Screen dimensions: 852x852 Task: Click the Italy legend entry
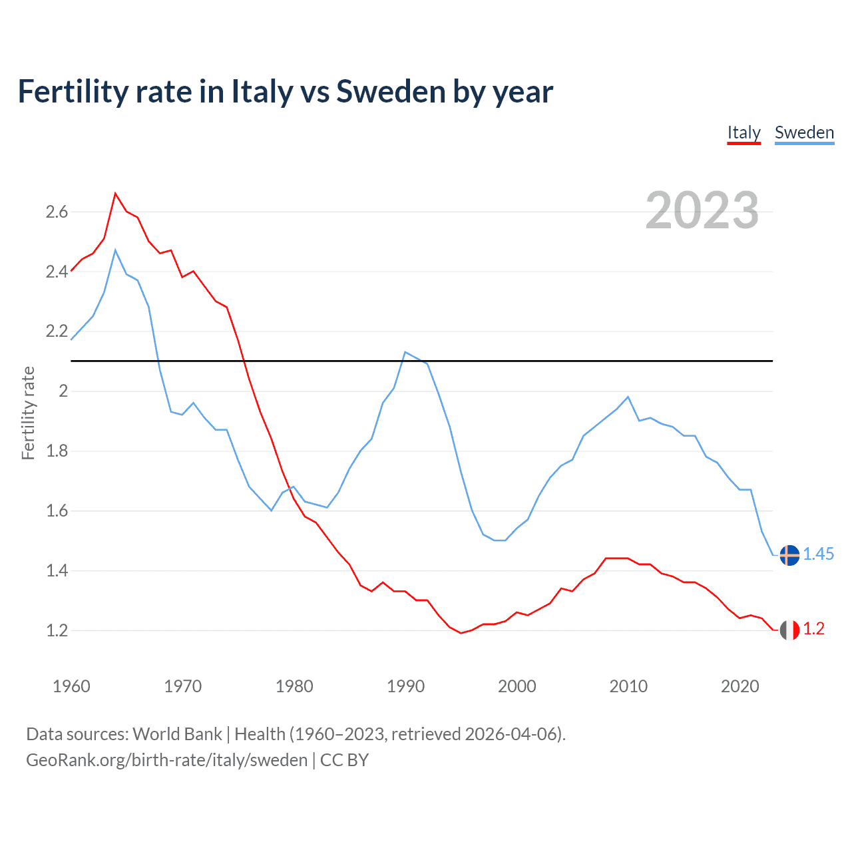744,132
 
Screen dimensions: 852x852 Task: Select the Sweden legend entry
804,132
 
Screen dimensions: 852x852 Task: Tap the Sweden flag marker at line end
789,554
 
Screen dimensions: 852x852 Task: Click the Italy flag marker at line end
789,630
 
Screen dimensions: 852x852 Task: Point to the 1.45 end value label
819,554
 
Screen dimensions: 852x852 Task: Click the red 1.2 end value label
814,629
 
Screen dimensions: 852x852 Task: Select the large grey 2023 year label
702,210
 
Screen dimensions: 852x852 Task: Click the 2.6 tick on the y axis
57,212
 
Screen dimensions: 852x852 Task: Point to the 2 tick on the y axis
64,391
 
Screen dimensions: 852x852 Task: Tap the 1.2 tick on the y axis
57,630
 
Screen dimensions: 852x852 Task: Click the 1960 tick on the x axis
71,686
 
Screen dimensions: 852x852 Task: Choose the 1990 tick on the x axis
405,686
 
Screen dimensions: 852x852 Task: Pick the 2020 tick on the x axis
740,686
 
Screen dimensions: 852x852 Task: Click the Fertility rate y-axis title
28,413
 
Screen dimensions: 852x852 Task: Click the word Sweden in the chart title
391,91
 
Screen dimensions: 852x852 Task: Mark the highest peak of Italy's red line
115,193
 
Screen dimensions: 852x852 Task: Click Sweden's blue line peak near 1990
405,351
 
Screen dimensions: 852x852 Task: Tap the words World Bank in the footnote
177,734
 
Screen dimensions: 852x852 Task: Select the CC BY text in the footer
344,760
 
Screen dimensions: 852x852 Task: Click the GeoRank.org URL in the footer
166,760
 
